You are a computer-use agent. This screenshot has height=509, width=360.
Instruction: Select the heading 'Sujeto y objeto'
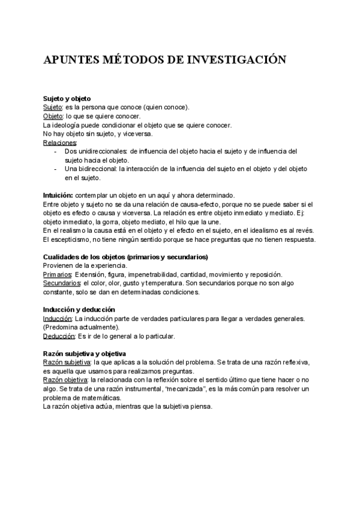tap(67, 98)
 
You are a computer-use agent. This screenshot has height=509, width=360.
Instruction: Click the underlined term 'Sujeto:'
tap(53, 107)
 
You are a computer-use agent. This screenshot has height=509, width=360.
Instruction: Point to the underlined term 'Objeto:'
tap(53, 116)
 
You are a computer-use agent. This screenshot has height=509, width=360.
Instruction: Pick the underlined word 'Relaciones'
tap(60, 143)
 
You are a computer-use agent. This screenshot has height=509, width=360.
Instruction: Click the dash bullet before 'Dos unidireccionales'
tap(55, 152)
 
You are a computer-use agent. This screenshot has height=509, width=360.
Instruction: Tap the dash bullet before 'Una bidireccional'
tap(55, 169)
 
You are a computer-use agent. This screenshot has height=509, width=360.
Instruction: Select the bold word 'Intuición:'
tap(58, 196)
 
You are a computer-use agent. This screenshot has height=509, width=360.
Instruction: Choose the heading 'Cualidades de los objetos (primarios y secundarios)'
tap(125, 257)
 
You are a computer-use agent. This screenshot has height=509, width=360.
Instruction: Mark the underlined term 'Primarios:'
tap(58, 274)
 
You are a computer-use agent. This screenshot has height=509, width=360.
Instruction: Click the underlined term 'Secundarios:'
tap(62, 283)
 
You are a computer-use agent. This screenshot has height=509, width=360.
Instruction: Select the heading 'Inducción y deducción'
tap(79, 310)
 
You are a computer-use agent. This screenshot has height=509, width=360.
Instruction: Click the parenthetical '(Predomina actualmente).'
tap(81, 327)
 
